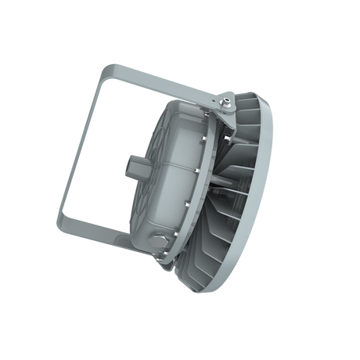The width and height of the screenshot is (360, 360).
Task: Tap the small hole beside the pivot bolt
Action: (x=218, y=104)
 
